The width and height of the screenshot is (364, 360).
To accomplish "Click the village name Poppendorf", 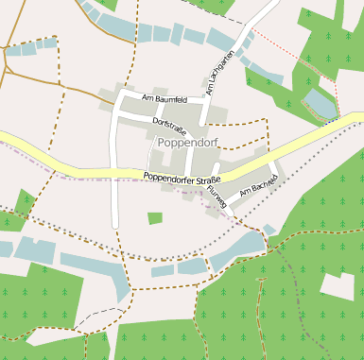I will (x=189, y=144).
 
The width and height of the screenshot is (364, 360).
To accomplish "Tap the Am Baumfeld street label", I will (x=164, y=98).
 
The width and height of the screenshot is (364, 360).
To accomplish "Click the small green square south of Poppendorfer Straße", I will (x=155, y=218).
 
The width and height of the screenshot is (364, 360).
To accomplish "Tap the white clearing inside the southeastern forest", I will (x=338, y=287).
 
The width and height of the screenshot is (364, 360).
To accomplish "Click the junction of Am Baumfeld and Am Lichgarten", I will (x=205, y=101).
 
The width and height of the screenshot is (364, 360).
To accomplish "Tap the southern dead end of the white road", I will (x=114, y=226).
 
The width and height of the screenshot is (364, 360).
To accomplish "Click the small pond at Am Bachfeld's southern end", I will (x=269, y=230).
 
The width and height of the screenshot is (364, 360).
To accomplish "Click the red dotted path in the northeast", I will (x=284, y=46).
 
